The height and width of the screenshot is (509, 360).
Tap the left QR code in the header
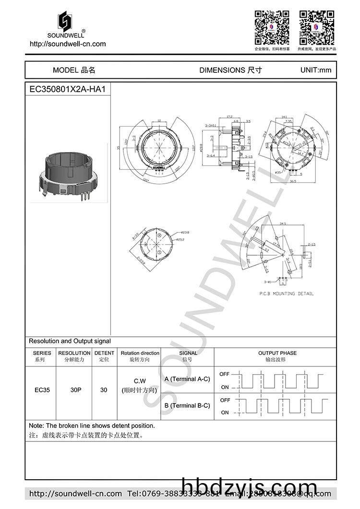coord(272,27)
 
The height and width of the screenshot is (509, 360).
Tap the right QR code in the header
coord(316,27)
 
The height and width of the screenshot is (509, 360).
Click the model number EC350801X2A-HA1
coord(68,89)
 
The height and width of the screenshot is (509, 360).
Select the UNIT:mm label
coord(315,70)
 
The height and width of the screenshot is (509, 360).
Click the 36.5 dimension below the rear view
coord(291,181)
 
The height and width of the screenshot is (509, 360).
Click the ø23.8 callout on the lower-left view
coord(172,232)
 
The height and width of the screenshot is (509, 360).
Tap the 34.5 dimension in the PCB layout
coord(283,223)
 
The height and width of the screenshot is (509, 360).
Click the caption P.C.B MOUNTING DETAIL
coord(286,294)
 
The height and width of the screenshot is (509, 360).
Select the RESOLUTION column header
coord(74,356)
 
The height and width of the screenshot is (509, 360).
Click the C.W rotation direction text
coord(140,382)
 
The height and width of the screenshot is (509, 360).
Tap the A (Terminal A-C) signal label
coord(187,379)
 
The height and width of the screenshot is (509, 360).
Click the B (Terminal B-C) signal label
coord(187,405)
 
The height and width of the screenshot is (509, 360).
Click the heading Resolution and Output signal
coord(70,341)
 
